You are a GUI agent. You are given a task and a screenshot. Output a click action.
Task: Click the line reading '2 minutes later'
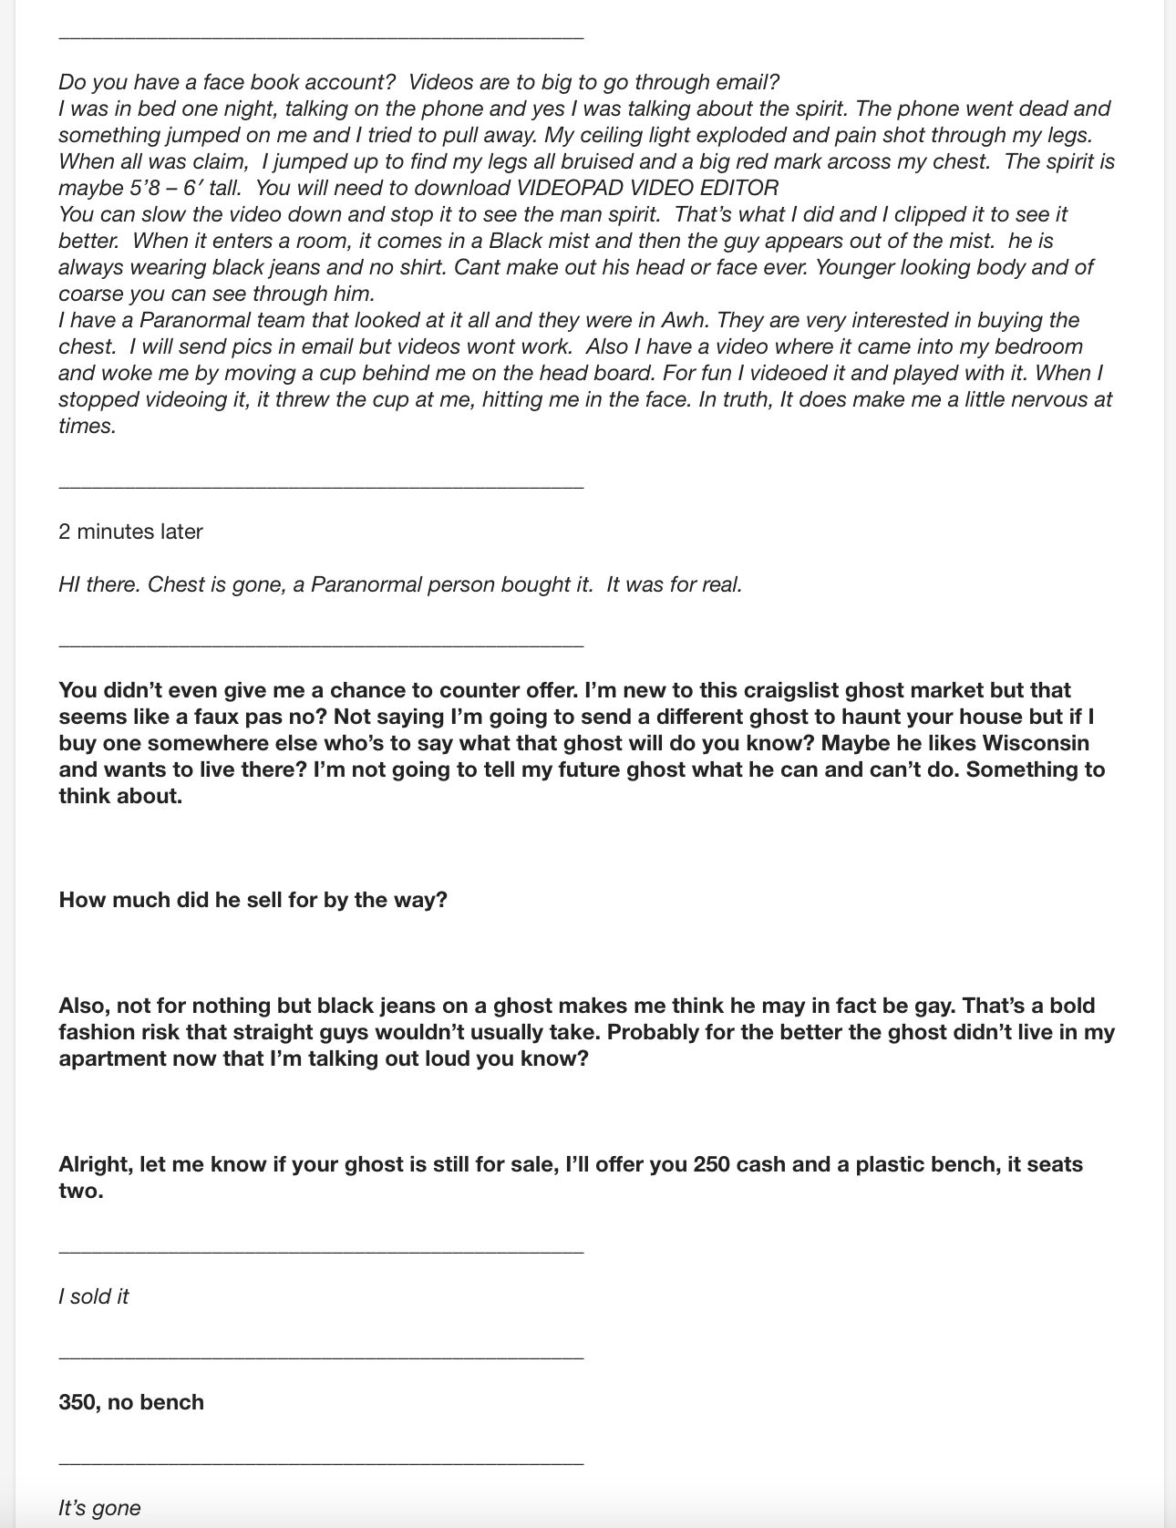(130, 532)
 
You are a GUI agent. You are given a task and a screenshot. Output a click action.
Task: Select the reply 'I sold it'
(93, 1296)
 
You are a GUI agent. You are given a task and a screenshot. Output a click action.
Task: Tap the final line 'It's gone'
(99, 1508)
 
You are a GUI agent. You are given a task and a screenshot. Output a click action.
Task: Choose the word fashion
(98, 1032)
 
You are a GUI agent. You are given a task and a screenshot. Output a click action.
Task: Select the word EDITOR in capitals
(736, 188)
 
